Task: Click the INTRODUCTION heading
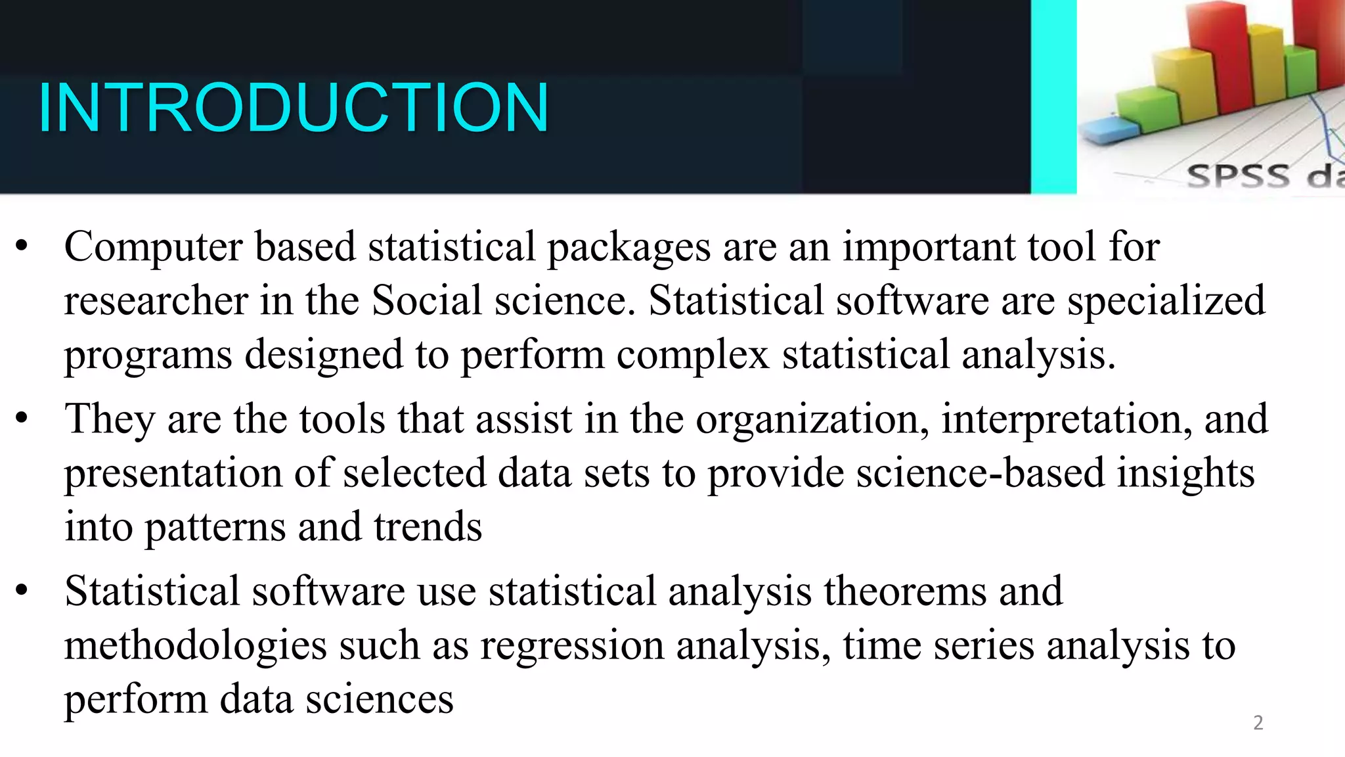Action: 293,107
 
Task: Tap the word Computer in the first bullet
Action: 153,248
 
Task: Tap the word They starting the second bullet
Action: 109,419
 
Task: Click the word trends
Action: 428,527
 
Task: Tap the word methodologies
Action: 195,646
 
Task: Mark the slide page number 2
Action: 1258,723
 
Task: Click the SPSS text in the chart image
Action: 1238,176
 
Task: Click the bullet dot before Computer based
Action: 22,247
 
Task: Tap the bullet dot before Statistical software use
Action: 22,590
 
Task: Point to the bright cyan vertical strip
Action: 1053,97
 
